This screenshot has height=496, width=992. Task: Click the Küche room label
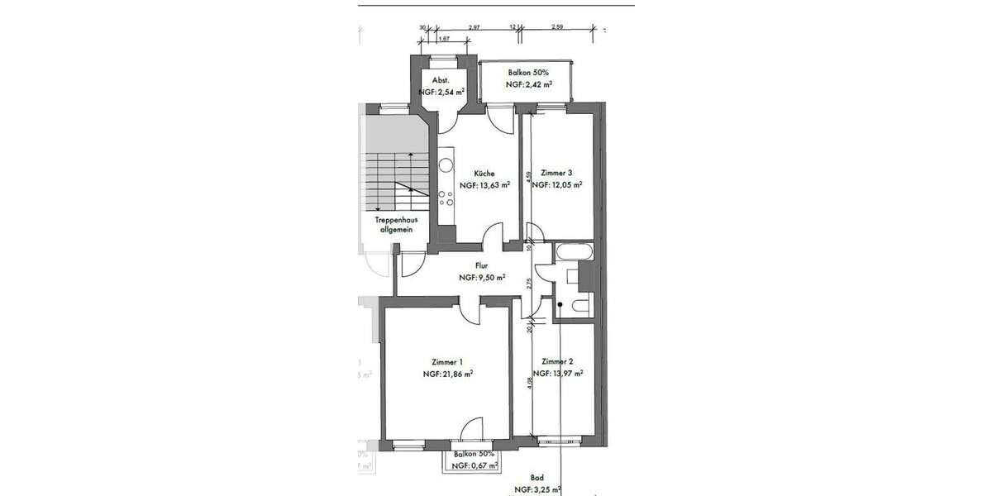pyautogui.click(x=484, y=174)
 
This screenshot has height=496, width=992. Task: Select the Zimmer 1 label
pyautogui.click(x=446, y=362)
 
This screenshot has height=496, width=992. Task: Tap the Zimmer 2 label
pyautogui.click(x=557, y=362)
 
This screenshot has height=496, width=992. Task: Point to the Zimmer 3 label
pyautogui.click(x=556, y=174)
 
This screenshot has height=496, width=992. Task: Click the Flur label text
pyautogui.click(x=481, y=266)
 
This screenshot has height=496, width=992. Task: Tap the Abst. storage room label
pyautogui.click(x=441, y=80)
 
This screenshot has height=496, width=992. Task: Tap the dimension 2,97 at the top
pyautogui.click(x=474, y=28)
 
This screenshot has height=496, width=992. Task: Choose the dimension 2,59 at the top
pyautogui.click(x=556, y=28)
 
